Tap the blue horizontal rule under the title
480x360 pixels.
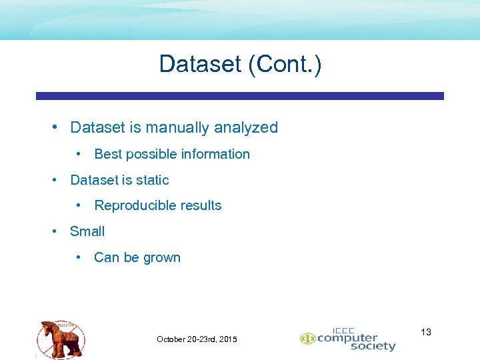[x=239, y=96]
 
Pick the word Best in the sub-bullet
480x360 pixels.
[x=108, y=154]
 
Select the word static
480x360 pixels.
[x=152, y=180]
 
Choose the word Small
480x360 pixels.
[x=87, y=231]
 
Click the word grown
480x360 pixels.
[x=161, y=257]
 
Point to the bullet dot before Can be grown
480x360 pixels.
[x=79, y=257]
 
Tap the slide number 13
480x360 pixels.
[x=426, y=332]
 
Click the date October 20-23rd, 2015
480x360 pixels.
[x=197, y=339]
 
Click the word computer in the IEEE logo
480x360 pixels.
[x=346, y=338]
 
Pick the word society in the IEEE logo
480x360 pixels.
[x=372, y=347]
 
